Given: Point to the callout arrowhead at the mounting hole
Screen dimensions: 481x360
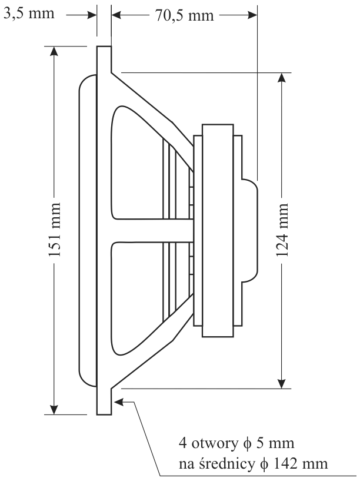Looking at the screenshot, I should pyautogui.click(x=118, y=402).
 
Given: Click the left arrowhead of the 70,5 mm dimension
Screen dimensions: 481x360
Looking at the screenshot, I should pyautogui.click(x=115, y=14).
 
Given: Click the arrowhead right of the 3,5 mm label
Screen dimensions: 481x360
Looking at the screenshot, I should pyautogui.click(x=92, y=14).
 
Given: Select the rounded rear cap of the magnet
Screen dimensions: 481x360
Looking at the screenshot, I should pyautogui.click(x=250, y=229).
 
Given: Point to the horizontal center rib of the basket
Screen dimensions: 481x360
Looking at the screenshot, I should pyautogui.click(x=153, y=230).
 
